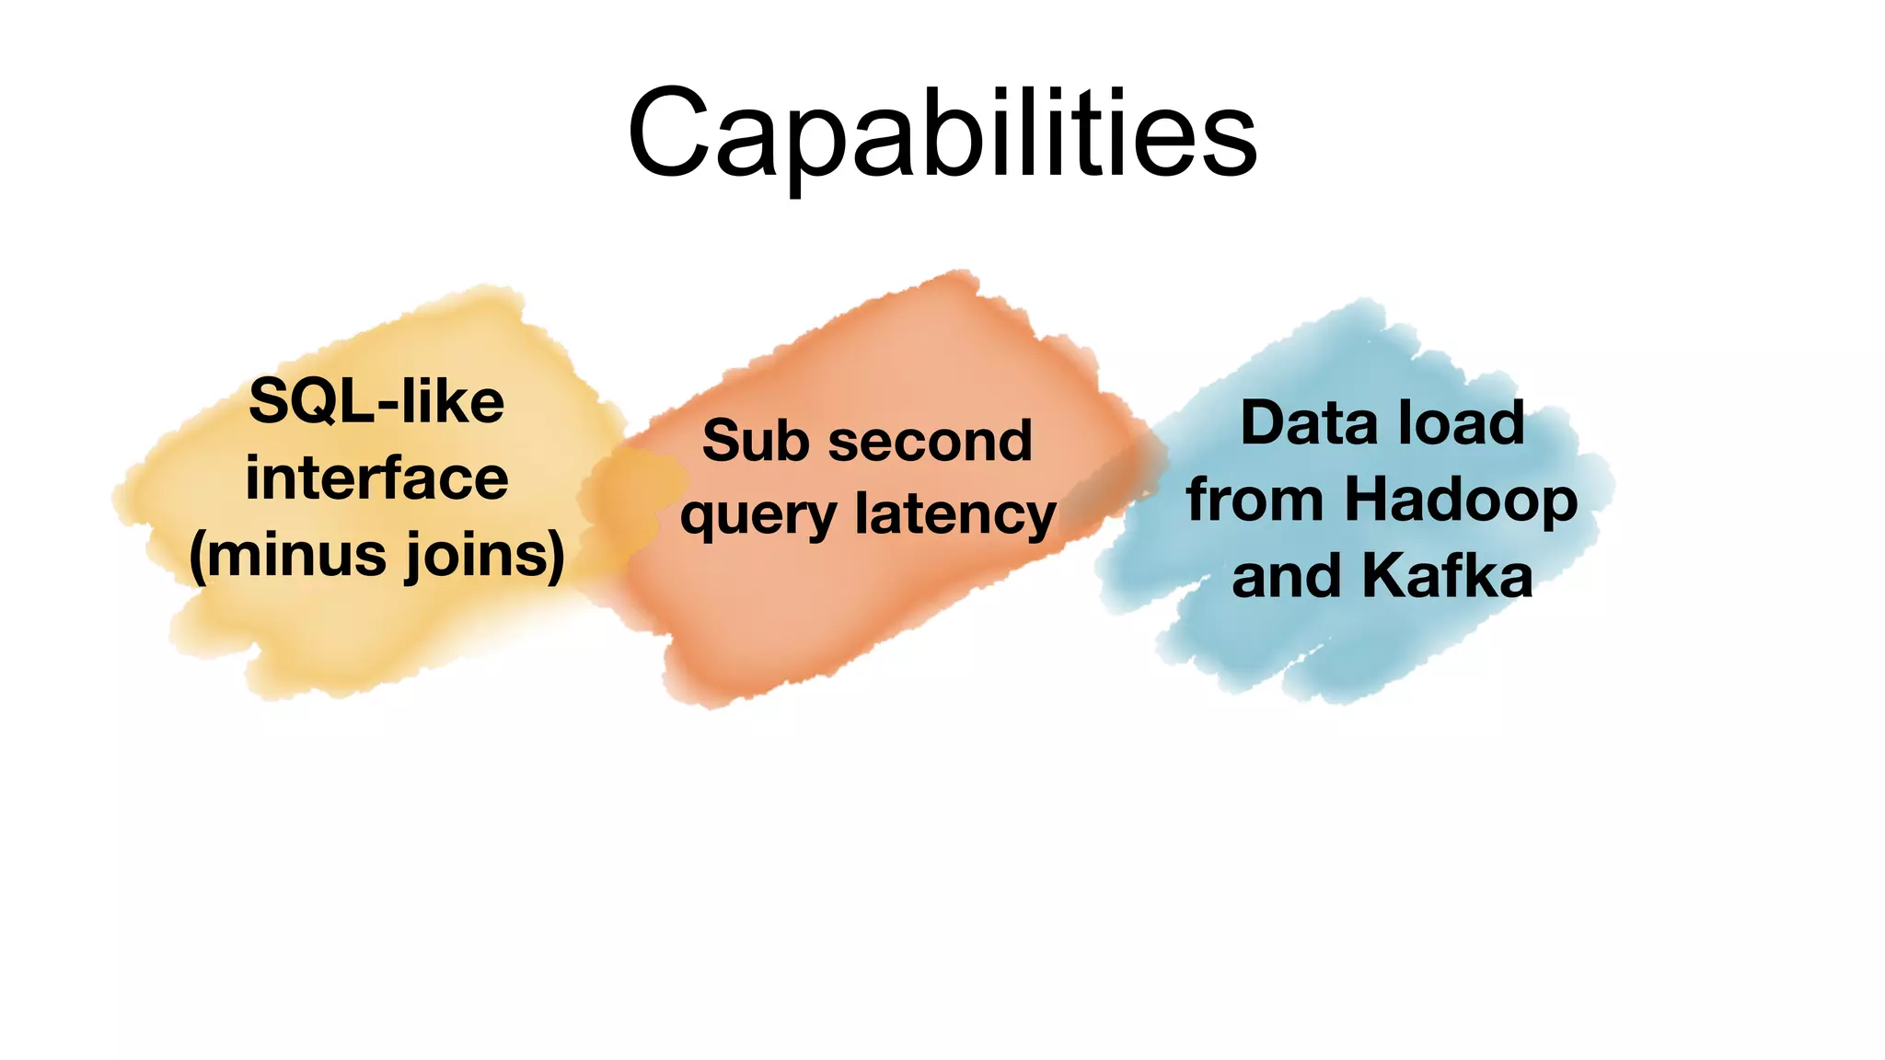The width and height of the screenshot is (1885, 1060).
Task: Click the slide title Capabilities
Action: click(942, 133)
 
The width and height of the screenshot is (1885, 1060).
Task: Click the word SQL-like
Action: click(376, 402)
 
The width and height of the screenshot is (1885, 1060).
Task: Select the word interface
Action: click(376, 478)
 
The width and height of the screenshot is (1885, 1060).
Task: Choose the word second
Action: click(931, 441)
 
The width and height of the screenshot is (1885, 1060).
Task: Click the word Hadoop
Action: click(1461, 501)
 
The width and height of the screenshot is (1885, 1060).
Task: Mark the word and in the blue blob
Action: click(1286, 576)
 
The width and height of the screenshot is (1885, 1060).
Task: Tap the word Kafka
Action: click(1447, 576)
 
